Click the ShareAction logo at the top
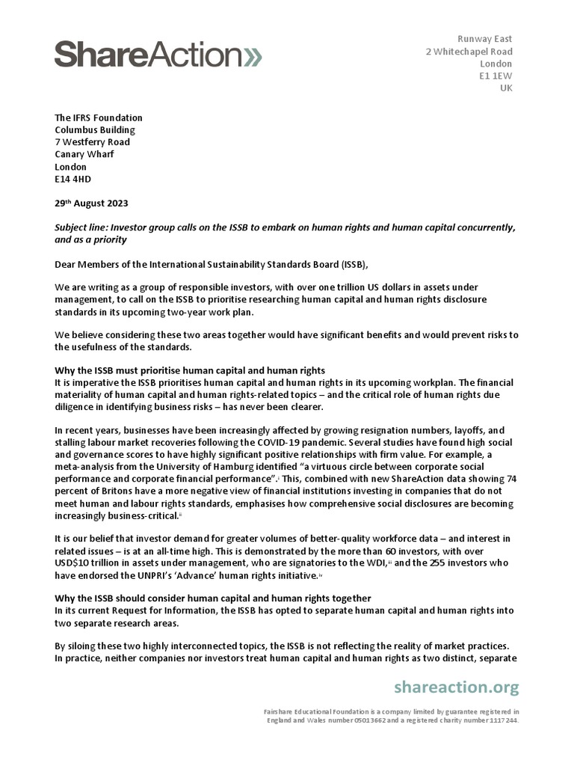pos(157,54)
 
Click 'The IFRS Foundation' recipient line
pos(99,117)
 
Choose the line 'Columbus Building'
pos(95,130)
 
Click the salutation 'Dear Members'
pos(87,264)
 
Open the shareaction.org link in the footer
pos(456,687)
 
